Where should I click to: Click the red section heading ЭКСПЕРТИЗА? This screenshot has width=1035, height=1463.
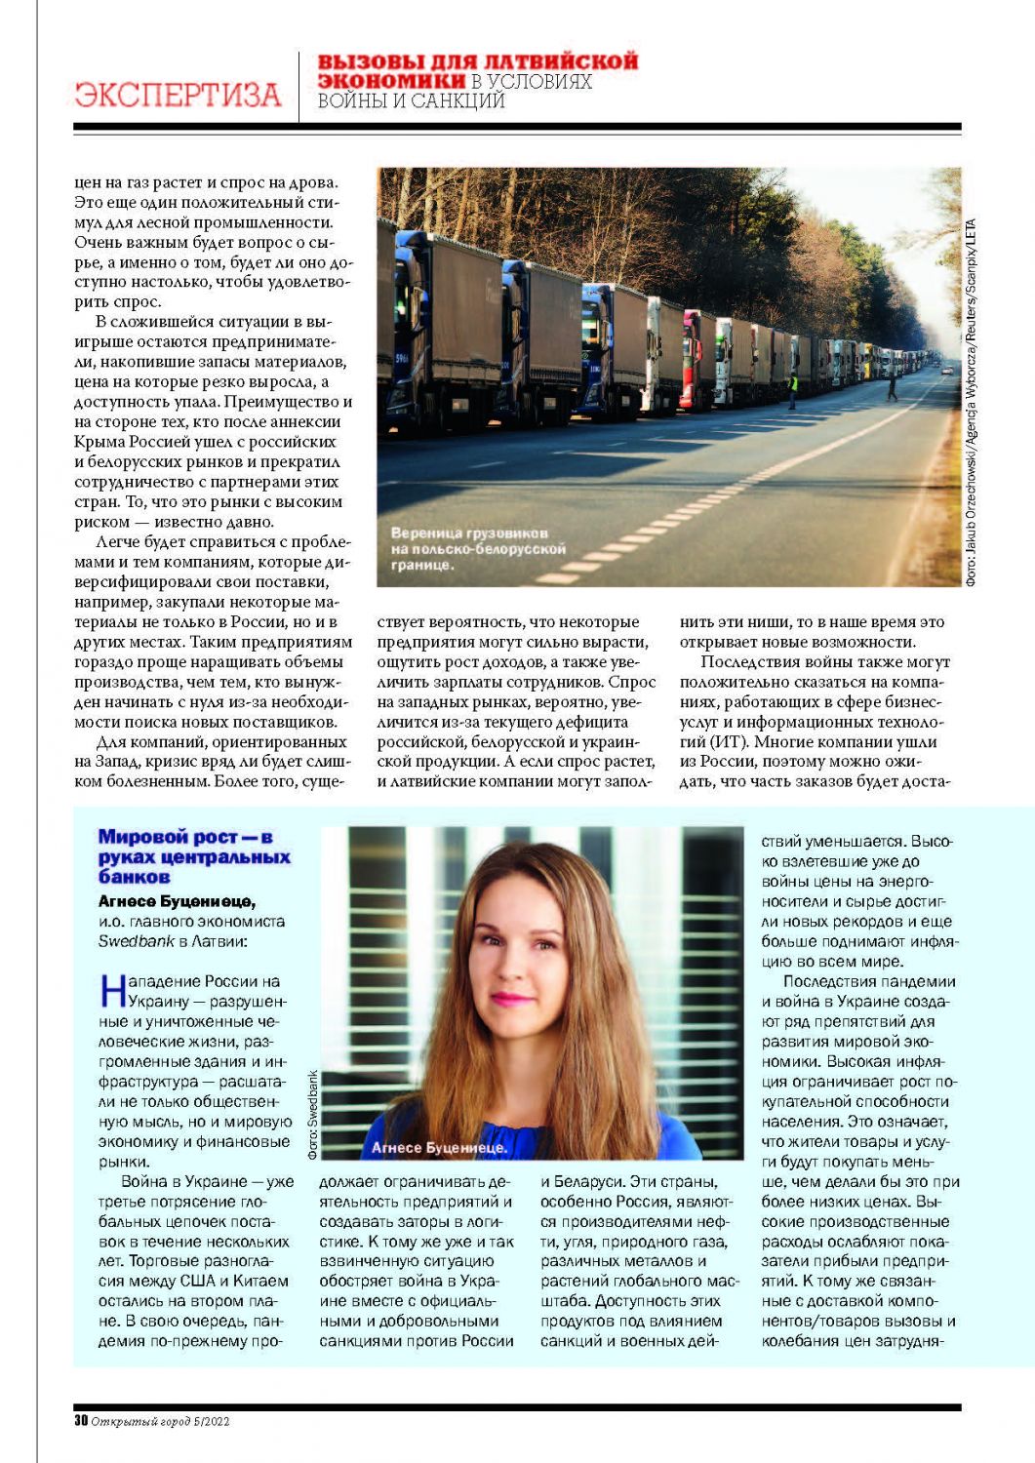(178, 95)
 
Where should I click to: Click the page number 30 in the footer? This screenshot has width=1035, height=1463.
(81, 1421)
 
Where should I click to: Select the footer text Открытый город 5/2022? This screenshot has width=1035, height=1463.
(161, 1421)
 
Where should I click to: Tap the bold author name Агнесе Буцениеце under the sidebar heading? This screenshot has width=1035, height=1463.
(177, 900)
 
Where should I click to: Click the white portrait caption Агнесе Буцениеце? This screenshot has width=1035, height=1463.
(439, 1147)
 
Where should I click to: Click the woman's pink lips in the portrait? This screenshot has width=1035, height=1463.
(514, 999)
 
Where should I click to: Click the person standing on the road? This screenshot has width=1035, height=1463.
(891, 388)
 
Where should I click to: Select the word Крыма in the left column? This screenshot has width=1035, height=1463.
(100, 442)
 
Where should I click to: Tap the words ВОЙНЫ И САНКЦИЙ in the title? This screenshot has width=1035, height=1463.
(411, 100)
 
